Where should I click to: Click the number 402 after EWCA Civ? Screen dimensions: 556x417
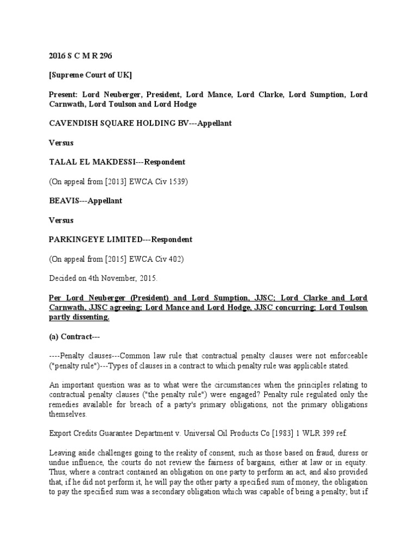(175, 259)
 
